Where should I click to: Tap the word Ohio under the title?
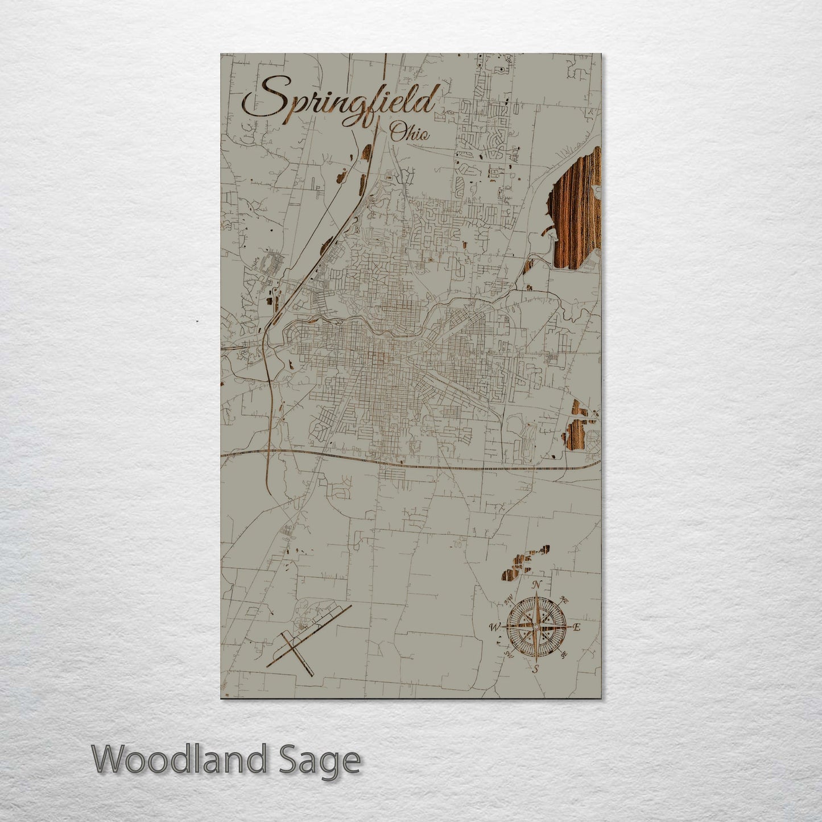coord(410,134)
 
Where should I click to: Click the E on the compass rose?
coord(576,627)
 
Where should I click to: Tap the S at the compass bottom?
coord(535,669)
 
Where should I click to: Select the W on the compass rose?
coord(494,627)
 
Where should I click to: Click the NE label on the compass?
coord(564,599)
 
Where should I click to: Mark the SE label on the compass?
coord(563,655)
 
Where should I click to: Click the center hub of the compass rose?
coord(535,627)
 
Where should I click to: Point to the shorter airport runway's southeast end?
coord(312,675)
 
